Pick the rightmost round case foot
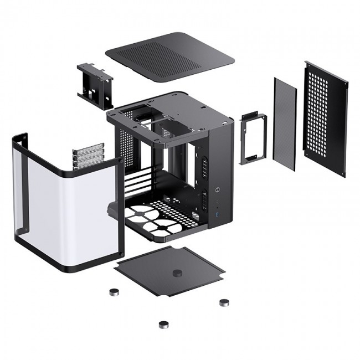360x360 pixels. [224, 302]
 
